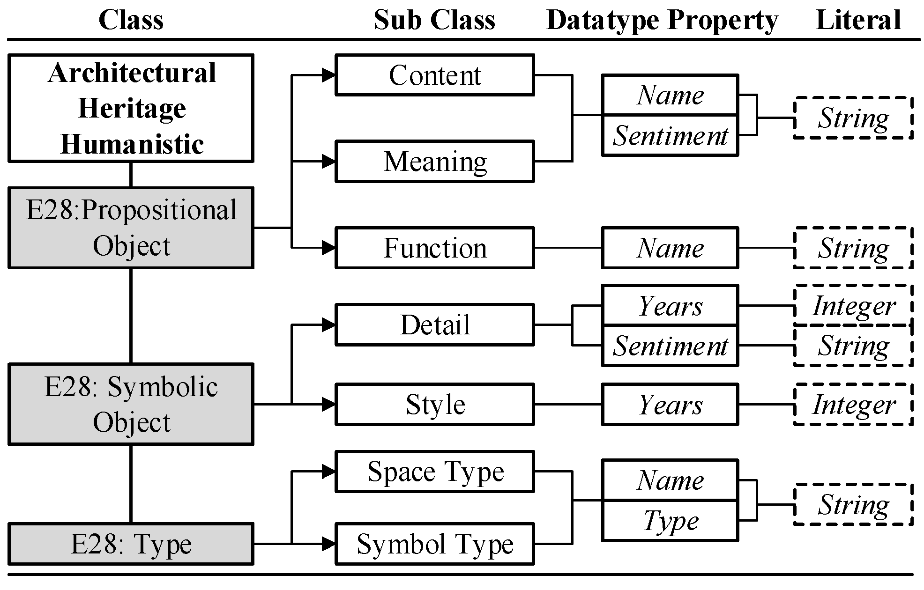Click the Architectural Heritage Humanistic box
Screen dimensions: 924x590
coord(131,108)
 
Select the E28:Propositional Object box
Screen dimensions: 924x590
coord(131,228)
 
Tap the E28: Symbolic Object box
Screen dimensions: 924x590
coord(131,404)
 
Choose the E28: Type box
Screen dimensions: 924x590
coord(131,544)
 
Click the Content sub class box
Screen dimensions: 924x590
coord(435,75)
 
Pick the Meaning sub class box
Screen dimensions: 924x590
coord(435,162)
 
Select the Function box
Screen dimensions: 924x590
coord(435,248)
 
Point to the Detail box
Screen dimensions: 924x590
coord(435,324)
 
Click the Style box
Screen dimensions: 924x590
coord(435,404)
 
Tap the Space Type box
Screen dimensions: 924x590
coord(435,472)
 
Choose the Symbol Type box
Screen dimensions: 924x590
coord(435,544)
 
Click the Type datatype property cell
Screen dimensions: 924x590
coord(670,521)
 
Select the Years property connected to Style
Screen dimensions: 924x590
coord(670,404)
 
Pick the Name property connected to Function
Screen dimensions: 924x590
coord(670,248)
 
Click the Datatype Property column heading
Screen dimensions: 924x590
coord(662,21)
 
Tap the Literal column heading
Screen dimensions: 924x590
coord(858,20)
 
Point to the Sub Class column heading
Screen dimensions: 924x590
coord(434,20)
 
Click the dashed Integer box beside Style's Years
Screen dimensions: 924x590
coord(853,404)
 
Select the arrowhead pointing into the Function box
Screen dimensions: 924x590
coord(329,248)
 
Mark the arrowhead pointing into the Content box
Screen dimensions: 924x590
coord(329,75)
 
